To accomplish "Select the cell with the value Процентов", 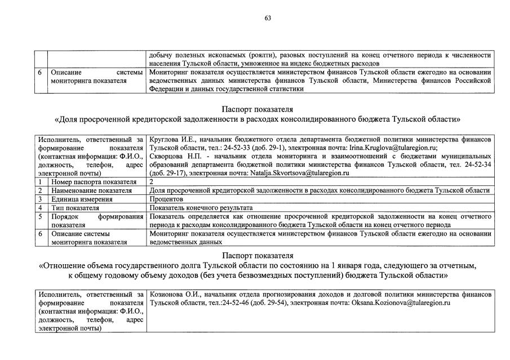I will point(167,199).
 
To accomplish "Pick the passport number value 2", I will point(152,182).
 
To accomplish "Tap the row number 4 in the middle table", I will point(41,207).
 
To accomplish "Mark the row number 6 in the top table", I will point(40,72).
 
